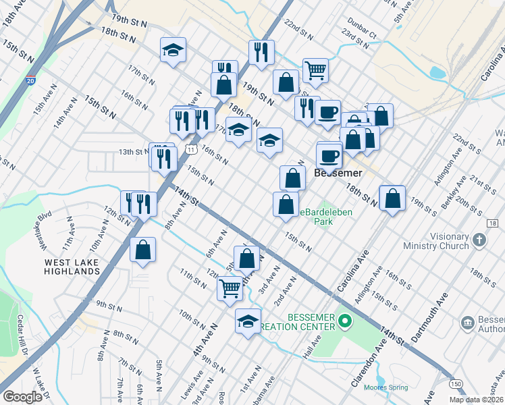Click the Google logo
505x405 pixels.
click(23, 397)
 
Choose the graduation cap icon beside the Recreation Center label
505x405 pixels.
click(248, 321)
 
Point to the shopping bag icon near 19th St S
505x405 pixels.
click(392, 198)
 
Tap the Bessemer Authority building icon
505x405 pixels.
click(468, 323)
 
